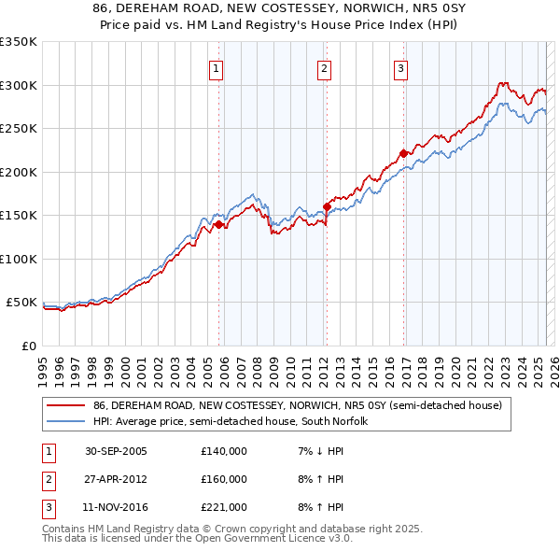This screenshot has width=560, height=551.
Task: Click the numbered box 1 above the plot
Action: [x=216, y=67]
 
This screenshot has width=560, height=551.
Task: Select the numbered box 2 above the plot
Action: [x=323, y=67]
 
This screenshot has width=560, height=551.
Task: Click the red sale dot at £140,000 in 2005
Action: [x=219, y=224]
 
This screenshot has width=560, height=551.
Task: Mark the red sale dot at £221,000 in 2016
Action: [x=403, y=154]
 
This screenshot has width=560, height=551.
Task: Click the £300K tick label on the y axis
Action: [x=19, y=85]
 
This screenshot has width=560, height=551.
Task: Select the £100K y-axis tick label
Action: [x=19, y=259]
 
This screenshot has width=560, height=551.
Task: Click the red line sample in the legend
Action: [x=66, y=405]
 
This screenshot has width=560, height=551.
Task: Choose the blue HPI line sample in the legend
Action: [x=66, y=421]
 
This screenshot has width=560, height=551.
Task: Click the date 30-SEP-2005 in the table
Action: [x=116, y=451]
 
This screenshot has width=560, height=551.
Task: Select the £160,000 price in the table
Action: [x=224, y=479]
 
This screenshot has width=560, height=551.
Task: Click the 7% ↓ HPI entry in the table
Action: [x=319, y=451]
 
